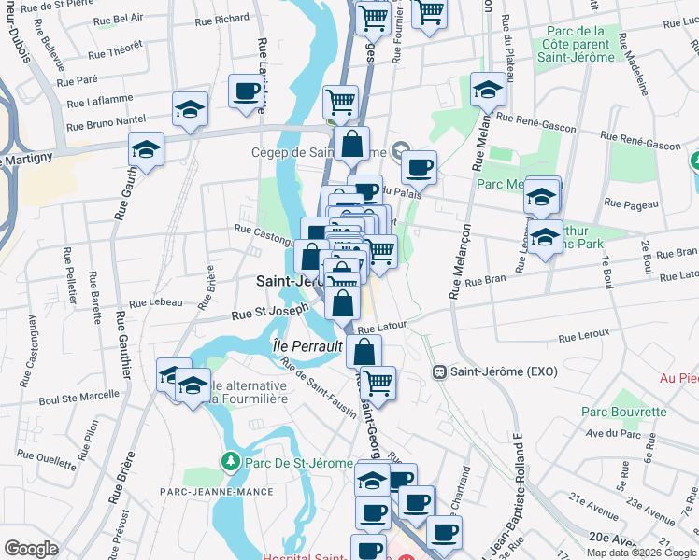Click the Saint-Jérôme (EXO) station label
[x=504, y=371]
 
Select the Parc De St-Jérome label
[x=299, y=463]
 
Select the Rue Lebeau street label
[x=156, y=303]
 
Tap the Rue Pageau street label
[x=627, y=202]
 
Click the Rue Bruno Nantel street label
[x=106, y=122]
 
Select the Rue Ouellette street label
[x=47, y=458]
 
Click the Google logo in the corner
[x=31, y=549]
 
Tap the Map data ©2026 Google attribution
[x=640, y=553]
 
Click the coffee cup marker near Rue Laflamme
[x=247, y=91]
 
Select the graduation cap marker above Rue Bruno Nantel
[x=191, y=108]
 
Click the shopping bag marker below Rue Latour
[x=364, y=352]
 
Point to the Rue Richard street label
[x=222, y=19]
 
